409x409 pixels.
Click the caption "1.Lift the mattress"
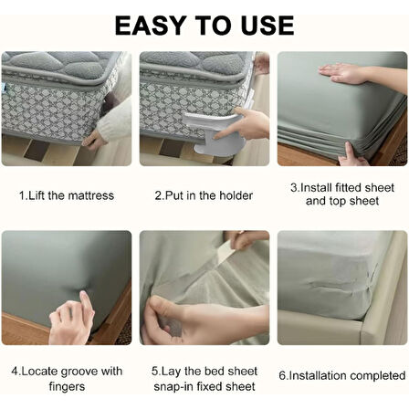67,195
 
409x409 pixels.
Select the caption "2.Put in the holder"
204,195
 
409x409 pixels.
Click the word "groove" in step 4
79,372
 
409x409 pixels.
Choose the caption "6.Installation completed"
342,375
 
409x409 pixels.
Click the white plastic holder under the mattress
213,132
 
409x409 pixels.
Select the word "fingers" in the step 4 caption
67,387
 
